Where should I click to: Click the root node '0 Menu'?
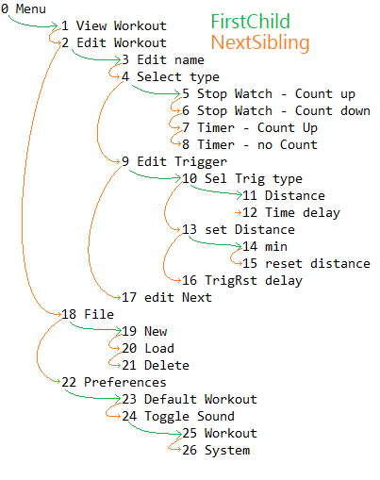(x=24, y=8)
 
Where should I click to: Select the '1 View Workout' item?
(x=114, y=25)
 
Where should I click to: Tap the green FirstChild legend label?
(x=250, y=22)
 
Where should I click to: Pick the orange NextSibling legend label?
(x=260, y=42)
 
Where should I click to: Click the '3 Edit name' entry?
(x=163, y=59)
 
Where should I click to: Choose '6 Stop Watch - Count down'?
(x=276, y=110)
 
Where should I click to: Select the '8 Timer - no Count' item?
(x=250, y=144)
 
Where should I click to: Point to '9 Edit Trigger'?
(x=174, y=161)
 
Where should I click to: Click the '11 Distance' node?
(x=284, y=195)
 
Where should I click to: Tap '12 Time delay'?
(x=291, y=212)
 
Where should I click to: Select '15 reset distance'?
(x=306, y=263)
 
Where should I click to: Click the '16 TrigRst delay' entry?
(x=242, y=280)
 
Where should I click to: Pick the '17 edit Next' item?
(x=167, y=297)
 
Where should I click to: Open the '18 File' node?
(x=88, y=314)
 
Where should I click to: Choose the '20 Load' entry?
(x=148, y=348)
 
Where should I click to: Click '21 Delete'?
(x=156, y=365)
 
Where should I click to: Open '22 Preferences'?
(x=114, y=382)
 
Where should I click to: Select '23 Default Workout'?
(x=190, y=399)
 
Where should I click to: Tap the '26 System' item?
(x=216, y=450)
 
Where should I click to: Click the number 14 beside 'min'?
(x=250, y=246)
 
